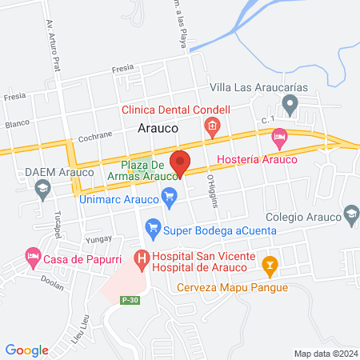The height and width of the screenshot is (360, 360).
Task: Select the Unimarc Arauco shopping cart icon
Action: tap(169, 195)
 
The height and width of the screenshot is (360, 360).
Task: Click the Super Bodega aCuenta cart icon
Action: tap(153, 230)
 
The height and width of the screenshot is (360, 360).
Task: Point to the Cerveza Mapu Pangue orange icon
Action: tap(270, 263)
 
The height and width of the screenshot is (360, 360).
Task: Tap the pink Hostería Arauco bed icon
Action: tap(278, 138)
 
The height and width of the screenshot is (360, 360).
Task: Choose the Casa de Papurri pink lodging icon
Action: tap(32, 258)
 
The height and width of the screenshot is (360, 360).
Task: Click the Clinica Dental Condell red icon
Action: tap(212, 126)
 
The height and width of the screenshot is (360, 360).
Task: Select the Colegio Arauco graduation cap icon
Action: tap(350, 214)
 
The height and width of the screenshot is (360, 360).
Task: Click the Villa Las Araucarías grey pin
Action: tap(290, 103)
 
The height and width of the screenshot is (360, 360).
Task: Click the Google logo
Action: tap(26, 350)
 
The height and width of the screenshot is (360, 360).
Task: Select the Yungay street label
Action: tap(95, 238)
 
